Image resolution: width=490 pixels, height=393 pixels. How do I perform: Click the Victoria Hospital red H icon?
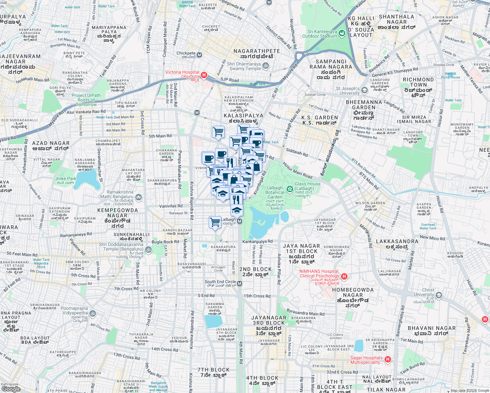(204, 75)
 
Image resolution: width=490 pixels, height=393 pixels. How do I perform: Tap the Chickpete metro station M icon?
(199, 55)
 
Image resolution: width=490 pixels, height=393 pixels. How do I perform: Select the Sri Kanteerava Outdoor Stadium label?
(319, 34)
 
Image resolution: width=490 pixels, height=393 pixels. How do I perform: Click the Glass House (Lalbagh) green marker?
(290, 189)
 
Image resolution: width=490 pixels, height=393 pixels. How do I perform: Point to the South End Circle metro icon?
(239, 283)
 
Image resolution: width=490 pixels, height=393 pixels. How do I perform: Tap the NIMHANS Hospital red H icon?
(344, 276)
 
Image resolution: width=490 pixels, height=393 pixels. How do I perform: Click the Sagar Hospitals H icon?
(388, 360)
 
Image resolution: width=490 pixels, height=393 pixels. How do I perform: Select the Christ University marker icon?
(439, 295)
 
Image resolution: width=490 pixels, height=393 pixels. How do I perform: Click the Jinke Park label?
(66, 179)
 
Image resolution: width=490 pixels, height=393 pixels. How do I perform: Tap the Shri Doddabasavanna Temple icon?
(148, 250)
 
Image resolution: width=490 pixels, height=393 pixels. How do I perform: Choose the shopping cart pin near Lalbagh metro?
(215, 222)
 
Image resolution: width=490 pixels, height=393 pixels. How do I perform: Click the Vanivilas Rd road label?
(171, 206)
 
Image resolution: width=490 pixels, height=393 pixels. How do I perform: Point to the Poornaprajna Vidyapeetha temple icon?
(93, 313)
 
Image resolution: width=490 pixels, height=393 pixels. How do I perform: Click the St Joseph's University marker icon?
(364, 90)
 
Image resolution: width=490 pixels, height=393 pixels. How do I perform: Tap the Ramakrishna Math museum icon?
(138, 197)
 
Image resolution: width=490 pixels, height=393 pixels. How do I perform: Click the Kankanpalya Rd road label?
(257, 241)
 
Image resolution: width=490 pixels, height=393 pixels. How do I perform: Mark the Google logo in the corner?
(11, 389)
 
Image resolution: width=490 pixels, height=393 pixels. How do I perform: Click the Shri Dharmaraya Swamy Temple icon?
(266, 66)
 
